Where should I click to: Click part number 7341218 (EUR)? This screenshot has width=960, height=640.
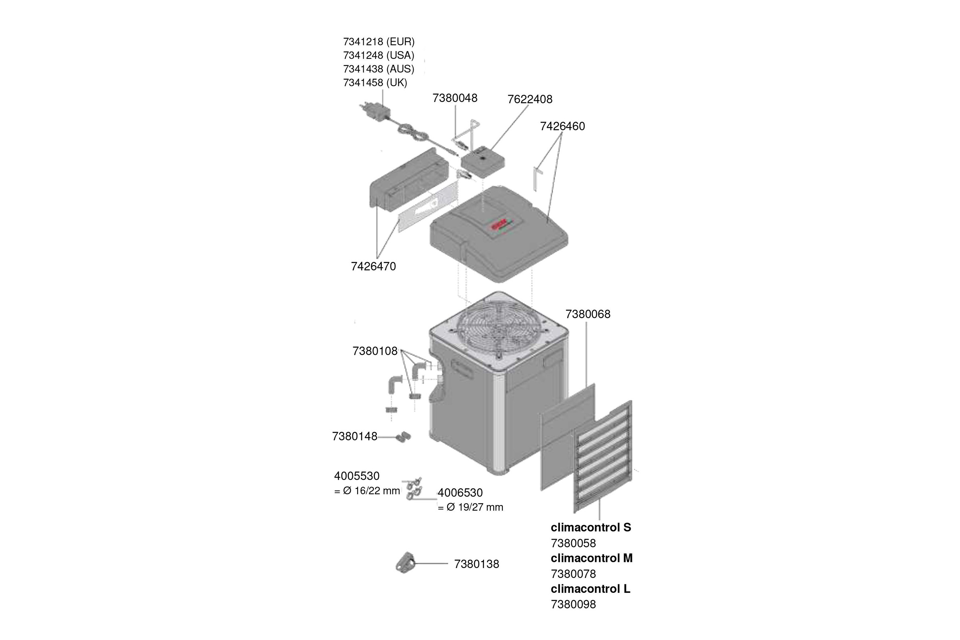click(379, 42)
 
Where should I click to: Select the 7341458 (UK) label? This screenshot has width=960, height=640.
click(375, 82)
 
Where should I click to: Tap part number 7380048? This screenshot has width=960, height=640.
click(455, 98)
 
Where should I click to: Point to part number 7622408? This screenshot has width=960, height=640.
click(530, 99)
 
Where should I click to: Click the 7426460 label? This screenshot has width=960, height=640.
click(562, 126)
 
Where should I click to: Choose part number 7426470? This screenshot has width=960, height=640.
click(373, 266)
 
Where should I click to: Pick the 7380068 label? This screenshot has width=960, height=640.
click(588, 314)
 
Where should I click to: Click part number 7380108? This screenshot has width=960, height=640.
click(375, 351)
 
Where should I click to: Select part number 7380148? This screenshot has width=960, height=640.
click(354, 436)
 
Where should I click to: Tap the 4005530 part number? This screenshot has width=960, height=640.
click(357, 476)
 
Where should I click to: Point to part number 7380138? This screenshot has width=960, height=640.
click(476, 564)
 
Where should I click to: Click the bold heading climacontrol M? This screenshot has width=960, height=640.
click(592, 558)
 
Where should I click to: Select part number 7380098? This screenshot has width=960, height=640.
click(573, 604)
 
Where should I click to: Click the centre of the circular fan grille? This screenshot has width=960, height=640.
click(498, 329)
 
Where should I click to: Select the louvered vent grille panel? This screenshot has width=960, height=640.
click(603, 458)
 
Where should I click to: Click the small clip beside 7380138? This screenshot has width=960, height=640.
click(405, 563)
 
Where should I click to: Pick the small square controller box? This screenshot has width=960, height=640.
click(482, 162)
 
